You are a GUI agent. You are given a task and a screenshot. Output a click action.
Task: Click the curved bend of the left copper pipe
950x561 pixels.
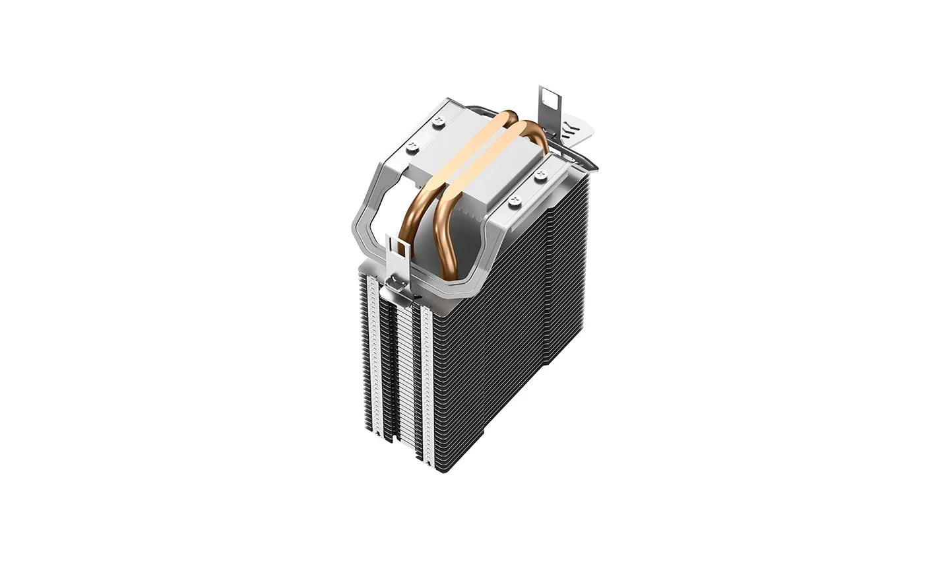(421, 218)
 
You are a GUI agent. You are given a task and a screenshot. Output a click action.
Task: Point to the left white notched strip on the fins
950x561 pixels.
(381, 356)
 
